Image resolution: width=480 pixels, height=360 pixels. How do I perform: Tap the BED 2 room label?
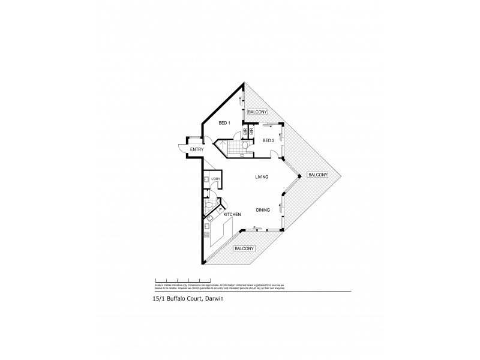coord(268,140)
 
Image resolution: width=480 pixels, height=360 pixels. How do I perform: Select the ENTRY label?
coord(197,149)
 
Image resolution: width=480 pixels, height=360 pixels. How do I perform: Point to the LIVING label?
coord(261,177)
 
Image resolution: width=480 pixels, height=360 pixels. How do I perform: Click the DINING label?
coord(262,210)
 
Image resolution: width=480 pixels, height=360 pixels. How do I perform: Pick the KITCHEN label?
coord(232,214)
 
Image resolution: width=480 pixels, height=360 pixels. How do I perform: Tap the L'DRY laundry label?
coord(215,179)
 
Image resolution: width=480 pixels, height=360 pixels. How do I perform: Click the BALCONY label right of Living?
coord(317,175)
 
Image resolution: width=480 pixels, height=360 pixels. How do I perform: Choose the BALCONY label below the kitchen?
coord(244,248)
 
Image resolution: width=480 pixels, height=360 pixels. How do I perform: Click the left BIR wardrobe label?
coord(245,130)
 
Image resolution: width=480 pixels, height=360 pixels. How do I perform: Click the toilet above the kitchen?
coord(208,205)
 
